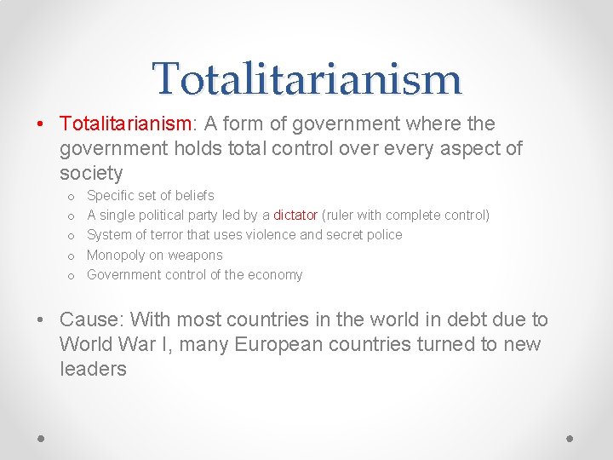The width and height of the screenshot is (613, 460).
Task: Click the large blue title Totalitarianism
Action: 306,78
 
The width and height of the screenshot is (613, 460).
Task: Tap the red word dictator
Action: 295,216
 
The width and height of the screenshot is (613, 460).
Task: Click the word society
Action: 91,174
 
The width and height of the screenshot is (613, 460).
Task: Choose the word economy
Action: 276,275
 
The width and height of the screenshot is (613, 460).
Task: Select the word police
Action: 384,235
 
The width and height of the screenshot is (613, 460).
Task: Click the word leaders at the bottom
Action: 93,370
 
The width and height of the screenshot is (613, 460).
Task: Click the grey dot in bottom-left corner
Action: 41,437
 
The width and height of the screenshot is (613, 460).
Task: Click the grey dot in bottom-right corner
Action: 570,437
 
